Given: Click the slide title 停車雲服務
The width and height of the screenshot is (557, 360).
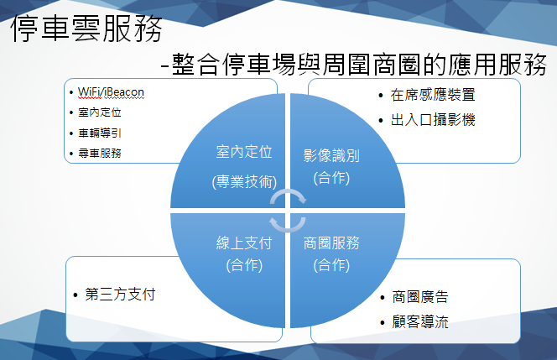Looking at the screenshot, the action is (86, 29).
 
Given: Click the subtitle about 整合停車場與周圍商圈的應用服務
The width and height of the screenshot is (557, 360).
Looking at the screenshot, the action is (353, 65).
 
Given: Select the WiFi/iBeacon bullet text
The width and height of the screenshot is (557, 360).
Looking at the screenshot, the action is (111, 92).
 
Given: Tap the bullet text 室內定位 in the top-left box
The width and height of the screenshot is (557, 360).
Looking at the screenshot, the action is (100, 112).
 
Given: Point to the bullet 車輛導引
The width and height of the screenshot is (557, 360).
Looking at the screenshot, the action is (100, 133).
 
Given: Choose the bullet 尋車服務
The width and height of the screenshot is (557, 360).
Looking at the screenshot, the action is (100, 154).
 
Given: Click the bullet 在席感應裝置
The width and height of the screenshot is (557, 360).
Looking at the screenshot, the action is (433, 95).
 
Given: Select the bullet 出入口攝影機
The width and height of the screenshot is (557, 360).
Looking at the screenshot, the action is (433, 120).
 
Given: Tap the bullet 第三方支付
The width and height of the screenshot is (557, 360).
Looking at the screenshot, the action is (120, 295).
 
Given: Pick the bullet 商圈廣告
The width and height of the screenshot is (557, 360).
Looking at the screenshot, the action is (420, 297).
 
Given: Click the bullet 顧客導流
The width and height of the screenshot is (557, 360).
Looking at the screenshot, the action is (420, 321).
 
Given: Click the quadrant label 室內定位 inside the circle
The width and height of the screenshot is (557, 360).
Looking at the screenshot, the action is (244, 152).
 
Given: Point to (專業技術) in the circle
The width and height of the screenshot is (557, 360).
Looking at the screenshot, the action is (244, 182).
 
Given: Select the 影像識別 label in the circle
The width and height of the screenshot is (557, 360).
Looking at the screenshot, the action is (331, 155).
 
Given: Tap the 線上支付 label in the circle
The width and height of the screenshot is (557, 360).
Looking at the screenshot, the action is (244, 243).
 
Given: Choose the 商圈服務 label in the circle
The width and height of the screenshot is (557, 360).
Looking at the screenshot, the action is (331, 243).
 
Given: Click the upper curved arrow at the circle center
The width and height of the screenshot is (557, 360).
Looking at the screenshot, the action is (288, 192).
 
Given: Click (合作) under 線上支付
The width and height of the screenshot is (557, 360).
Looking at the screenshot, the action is (244, 265).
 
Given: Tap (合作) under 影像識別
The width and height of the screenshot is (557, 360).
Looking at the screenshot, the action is (331, 178).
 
